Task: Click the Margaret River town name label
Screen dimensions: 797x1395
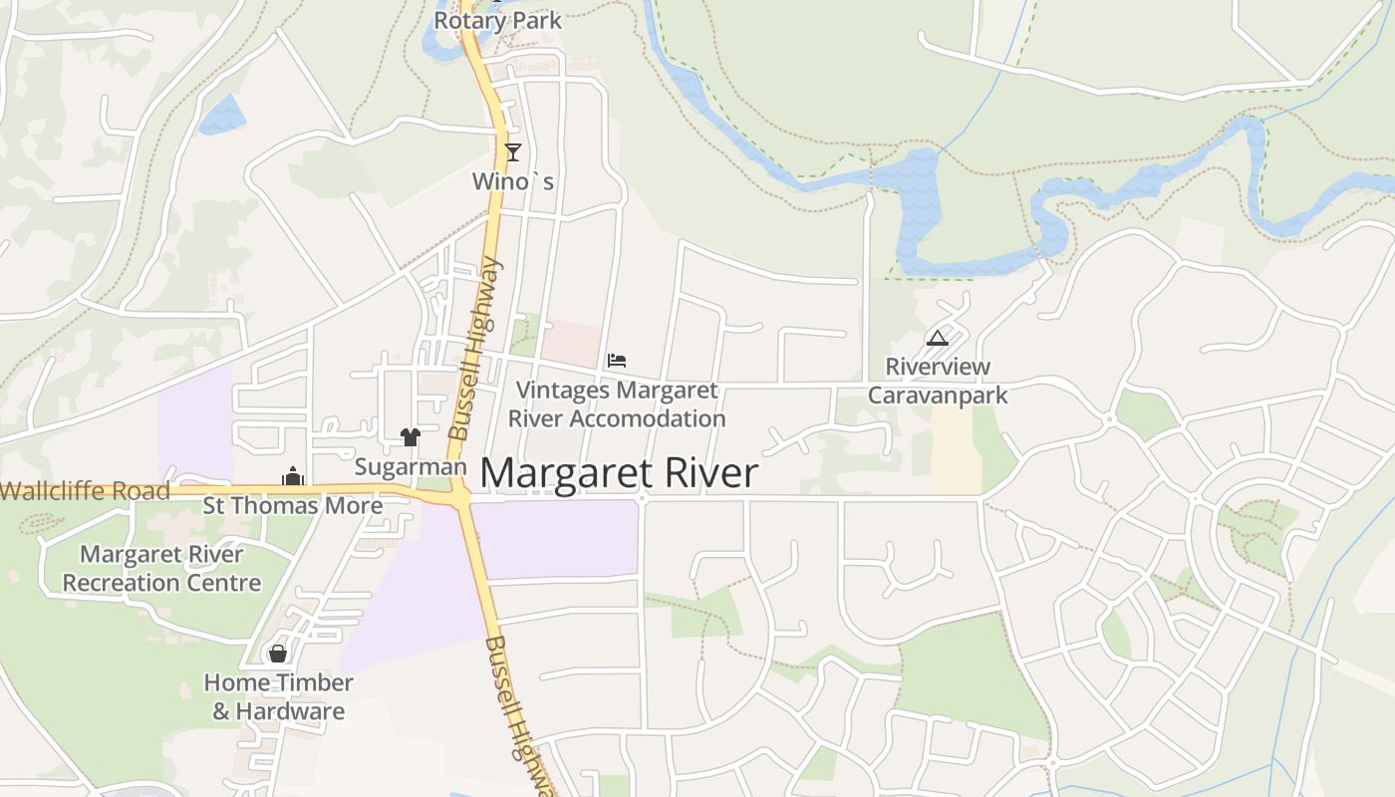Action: pyautogui.click(x=619, y=473)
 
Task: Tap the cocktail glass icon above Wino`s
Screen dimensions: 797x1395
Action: pyautogui.click(x=513, y=152)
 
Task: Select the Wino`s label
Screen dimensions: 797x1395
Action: pyautogui.click(x=513, y=181)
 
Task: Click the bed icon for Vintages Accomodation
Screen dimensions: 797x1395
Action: pyautogui.click(x=617, y=361)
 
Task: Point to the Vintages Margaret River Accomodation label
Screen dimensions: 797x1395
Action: pyautogui.click(x=617, y=404)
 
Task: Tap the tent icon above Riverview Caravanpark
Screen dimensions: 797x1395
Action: pyautogui.click(x=937, y=339)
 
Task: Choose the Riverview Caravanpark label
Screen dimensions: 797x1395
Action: pyautogui.click(x=938, y=381)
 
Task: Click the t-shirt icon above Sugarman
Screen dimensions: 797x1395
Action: pyautogui.click(x=410, y=436)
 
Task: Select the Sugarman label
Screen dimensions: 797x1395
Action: pyautogui.click(x=411, y=466)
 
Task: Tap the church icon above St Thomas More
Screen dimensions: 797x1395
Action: pyautogui.click(x=292, y=477)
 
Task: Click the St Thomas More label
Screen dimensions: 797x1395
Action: pyautogui.click(x=293, y=505)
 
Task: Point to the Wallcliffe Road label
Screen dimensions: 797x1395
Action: pyautogui.click(x=86, y=491)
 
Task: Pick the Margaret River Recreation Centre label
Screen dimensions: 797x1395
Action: pyautogui.click(x=161, y=568)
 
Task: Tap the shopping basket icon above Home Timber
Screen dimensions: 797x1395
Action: pyautogui.click(x=278, y=654)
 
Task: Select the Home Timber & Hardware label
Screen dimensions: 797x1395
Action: pyautogui.click(x=279, y=696)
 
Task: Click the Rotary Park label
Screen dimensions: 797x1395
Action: pyautogui.click(x=497, y=20)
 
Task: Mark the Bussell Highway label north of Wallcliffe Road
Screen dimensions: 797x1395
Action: pyautogui.click(x=473, y=349)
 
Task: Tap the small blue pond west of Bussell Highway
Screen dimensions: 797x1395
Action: pyautogui.click(x=222, y=116)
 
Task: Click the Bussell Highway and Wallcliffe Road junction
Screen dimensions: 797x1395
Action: pyautogui.click(x=459, y=494)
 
